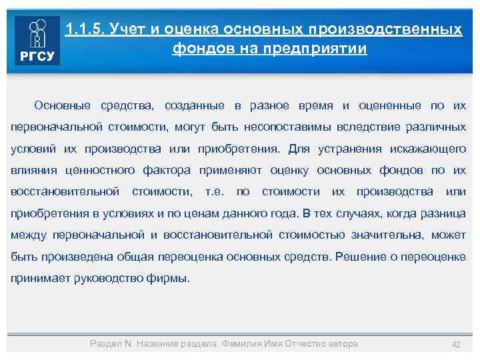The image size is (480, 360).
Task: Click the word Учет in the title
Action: coord(129,30)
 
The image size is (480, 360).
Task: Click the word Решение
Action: coord(362,256)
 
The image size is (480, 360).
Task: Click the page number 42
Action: coord(457,344)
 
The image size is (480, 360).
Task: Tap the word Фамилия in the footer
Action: coord(241,343)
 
